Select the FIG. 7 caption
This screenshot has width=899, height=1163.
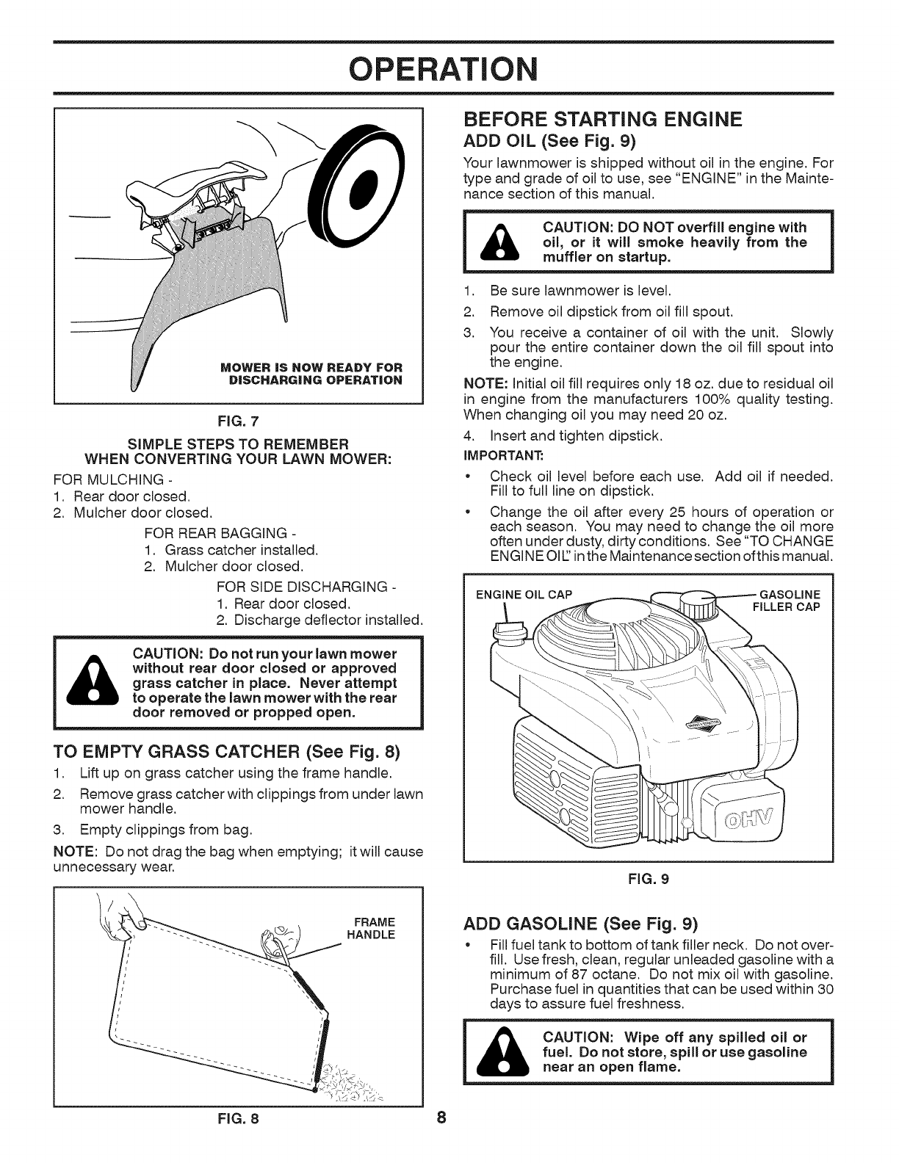pyautogui.click(x=240, y=421)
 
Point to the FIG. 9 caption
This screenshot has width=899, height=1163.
pyautogui.click(x=650, y=878)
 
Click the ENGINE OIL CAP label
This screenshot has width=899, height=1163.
pyautogui.click(x=524, y=594)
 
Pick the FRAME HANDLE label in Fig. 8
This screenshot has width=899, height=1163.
pyautogui.click(x=375, y=929)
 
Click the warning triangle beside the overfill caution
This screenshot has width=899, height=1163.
pyautogui.click(x=497, y=243)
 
